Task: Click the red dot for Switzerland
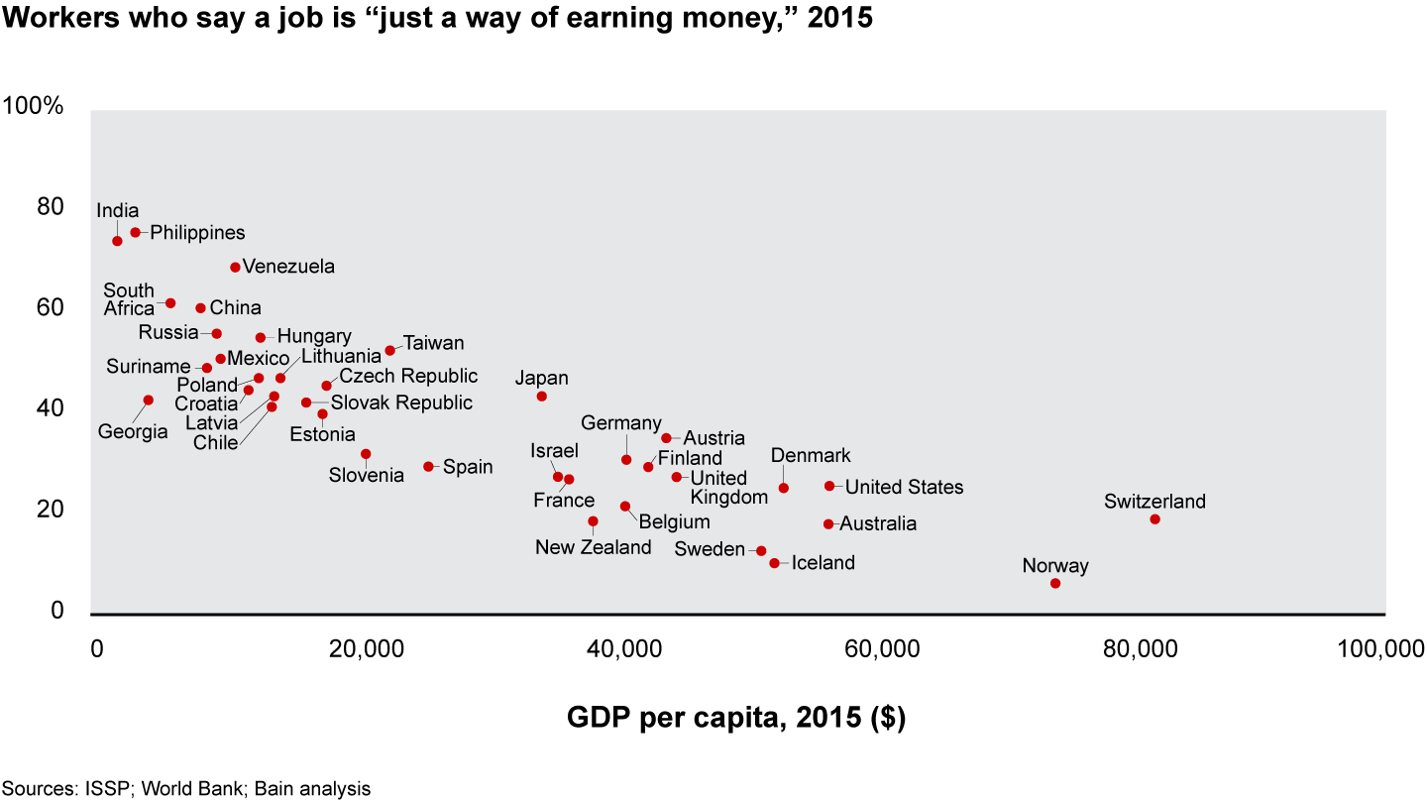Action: [x=1154, y=519]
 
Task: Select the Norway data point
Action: [x=1055, y=583]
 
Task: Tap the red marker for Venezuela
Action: [x=235, y=267]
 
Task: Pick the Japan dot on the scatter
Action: [x=541, y=397]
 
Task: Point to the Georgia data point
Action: [x=149, y=401]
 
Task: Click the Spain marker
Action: [x=428, y=466]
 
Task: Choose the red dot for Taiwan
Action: [x=389, y=351]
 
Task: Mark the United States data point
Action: [x=829, y=486]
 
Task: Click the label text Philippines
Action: [x=197, y=233]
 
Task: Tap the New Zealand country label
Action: [x=594, y=547]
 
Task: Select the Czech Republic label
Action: [x=408, y=377]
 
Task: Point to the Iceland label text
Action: [x=823, y=563]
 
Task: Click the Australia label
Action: [x=878, y=523]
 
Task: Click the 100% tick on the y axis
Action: [x=34, y=106]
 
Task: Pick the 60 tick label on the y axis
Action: [x=51, y=308]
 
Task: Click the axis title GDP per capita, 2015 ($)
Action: [x=735, y=717]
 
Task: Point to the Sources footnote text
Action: [x=186, y=789]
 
